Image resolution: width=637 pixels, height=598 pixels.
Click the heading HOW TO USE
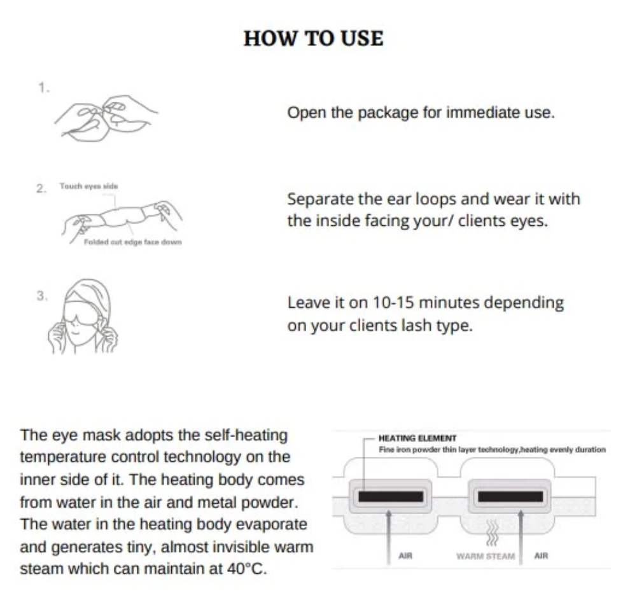pyautogui.click(x=314, y=39)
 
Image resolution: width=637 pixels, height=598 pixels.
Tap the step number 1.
pyautogui.click(x=43, y=88)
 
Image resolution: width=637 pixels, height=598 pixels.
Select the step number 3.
pyautogui.click(x=42, y=296)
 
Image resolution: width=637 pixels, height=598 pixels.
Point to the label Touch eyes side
pyautogui.click(x=89, y=186)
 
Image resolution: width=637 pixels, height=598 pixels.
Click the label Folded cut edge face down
pyautogui.click(x=132, y=242)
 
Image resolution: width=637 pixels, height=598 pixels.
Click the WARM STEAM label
pyautogui.click(x=486, y=555)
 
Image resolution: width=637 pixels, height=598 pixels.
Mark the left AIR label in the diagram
pyautogui.click(x=405, y=555)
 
